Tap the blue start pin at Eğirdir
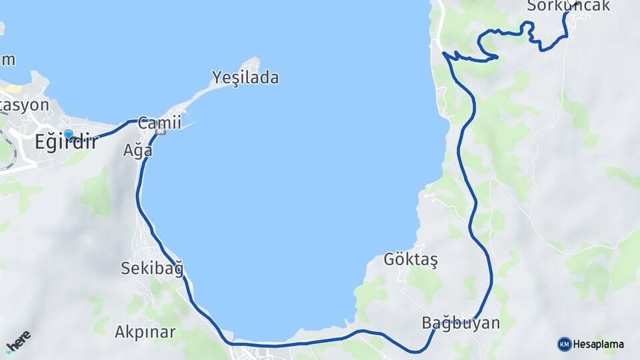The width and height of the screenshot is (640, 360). pos(68,135)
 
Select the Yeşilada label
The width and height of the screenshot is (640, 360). pos(245,78)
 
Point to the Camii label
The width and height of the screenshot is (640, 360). pos(160,123)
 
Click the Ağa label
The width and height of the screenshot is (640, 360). pos(138,151)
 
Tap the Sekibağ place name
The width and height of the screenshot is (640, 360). pos(152,269)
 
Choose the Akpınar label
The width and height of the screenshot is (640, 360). pos(145,331)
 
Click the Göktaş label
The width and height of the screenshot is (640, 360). pos(411,260)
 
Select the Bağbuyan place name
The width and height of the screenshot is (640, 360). pos(461,323)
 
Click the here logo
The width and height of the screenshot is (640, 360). pos(18,341)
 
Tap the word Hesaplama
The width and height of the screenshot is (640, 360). pos(598,344)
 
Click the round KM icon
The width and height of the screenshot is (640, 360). pos(564,344)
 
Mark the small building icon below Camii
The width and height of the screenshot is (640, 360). pos(159,133)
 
